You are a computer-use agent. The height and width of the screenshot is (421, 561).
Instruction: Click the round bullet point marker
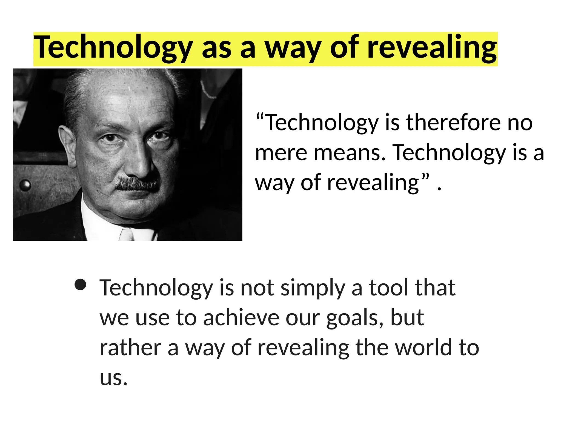(x=81, y=285)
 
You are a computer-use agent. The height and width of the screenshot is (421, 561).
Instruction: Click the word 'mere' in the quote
(x=281, y=153)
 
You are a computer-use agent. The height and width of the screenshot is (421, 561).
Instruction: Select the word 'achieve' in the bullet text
(x=241, y=318)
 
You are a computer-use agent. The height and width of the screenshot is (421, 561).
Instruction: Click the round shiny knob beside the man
(x=25, y=186)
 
